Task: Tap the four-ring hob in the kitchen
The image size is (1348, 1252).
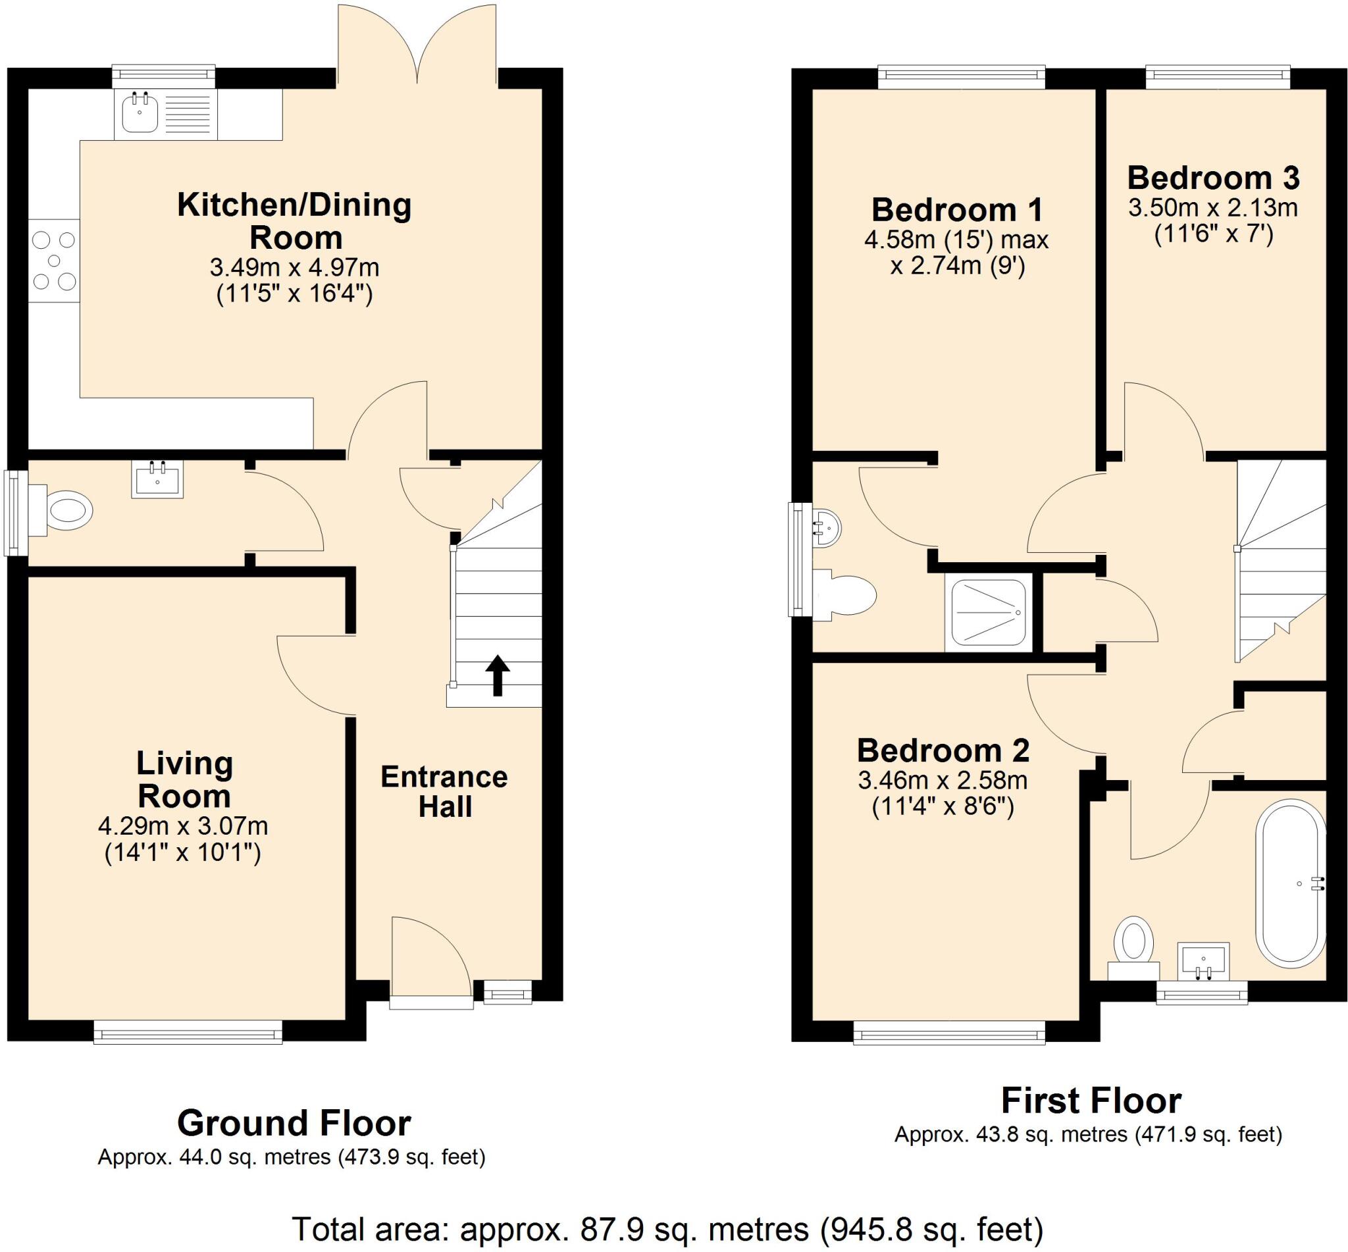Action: pyautogui.click(x=54, y=261)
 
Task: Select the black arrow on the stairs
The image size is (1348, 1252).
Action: pyautogui.click(x=497, y=675)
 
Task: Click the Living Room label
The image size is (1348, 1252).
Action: pyautogui.click(x=184, y=779)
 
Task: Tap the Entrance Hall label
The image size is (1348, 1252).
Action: pyautogui.click(x=444, y=791)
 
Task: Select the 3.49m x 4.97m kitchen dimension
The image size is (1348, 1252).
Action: pyautogui.click(x=294, y=268)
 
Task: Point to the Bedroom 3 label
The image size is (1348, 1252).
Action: pyautogui.click(x=1213, y=178)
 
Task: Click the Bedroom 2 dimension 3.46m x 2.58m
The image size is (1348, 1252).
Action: pyautogui.click(x=943, y=781)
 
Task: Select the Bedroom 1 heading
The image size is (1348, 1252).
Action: pyautogui.click(x=956, y=210)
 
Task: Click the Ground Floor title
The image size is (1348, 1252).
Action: pyautogui.click(x=294, y=1123)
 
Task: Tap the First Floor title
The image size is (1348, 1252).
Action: pyautogui.click(x=1091, y=1101)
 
